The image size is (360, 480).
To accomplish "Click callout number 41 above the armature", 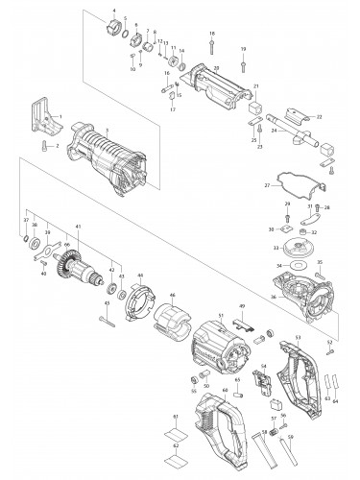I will (x=79, y=226).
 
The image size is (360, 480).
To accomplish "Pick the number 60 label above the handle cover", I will (x=225, y=390).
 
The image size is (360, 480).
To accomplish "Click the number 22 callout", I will (x=319, y=116).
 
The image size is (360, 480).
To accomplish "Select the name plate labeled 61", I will (x=175, y=429).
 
